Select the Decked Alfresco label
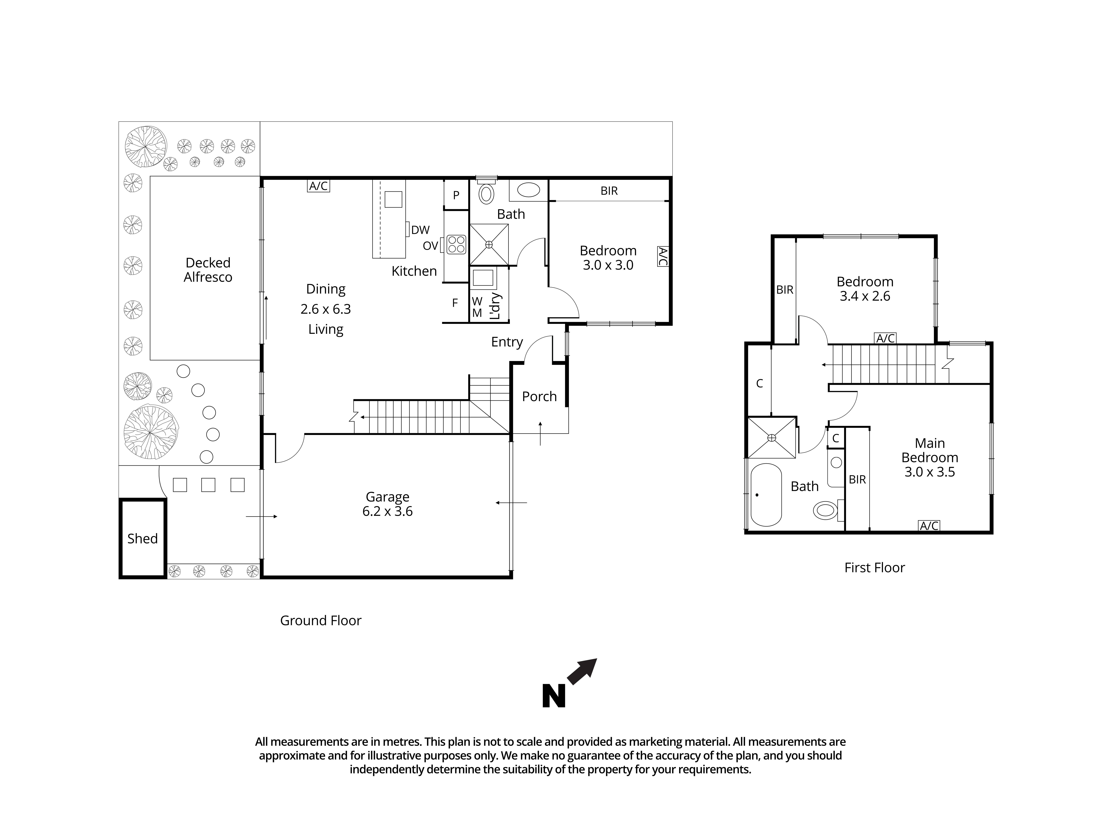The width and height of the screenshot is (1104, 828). point(208,270)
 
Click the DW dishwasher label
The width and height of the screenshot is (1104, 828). point(420,230)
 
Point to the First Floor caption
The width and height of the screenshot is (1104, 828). point(874,567)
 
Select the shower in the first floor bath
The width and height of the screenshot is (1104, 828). point(772,438)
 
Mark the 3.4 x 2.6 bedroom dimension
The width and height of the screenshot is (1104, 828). point(865,296)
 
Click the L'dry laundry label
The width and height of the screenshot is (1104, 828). point(495,306)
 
